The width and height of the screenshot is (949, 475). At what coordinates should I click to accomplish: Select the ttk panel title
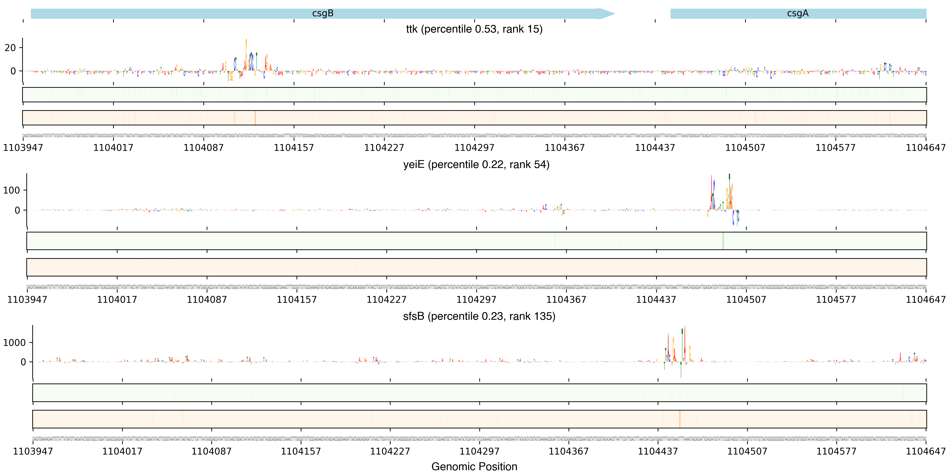(x=474, y=29)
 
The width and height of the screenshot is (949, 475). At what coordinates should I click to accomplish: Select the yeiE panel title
(x=476, y=164)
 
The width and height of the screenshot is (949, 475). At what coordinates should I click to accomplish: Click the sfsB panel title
(x=479, y=316)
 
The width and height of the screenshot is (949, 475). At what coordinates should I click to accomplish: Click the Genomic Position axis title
(x=474, y=466)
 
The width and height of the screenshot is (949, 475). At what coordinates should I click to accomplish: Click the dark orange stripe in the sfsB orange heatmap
(x=680, y=419)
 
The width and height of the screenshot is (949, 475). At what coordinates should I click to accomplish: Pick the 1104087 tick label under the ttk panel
(x=204, y=148)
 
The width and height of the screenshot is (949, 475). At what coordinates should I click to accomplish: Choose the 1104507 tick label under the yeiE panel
(x=746, y=300)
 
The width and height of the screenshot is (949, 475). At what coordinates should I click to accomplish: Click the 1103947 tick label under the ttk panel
(x=23, y=148)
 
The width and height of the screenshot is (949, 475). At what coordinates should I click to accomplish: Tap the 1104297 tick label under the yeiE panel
(x=476, y=300)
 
